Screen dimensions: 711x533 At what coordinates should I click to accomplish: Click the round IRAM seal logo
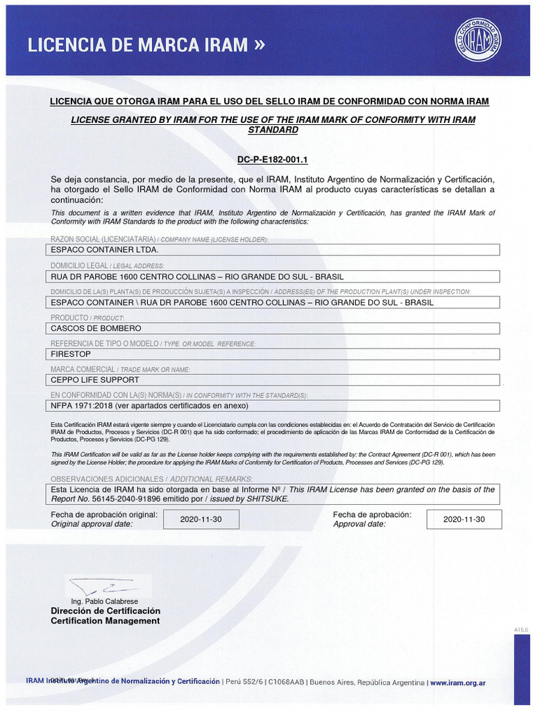(478, 38)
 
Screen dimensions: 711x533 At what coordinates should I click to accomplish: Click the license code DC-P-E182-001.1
(272, 160)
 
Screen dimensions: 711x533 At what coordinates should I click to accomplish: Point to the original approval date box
(201, 519)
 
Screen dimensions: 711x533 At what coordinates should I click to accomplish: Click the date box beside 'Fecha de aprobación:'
(464, 519)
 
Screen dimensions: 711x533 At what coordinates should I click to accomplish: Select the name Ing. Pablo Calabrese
(105, 601)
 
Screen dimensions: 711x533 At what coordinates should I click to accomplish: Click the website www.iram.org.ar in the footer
(457, 683)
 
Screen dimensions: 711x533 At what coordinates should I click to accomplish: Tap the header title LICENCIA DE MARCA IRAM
(137, 45)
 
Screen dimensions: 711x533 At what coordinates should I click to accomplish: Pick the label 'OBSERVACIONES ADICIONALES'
(108, 479)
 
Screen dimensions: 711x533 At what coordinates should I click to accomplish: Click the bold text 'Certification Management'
(105, 621)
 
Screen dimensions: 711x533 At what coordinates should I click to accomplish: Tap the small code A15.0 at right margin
(521, 629)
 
